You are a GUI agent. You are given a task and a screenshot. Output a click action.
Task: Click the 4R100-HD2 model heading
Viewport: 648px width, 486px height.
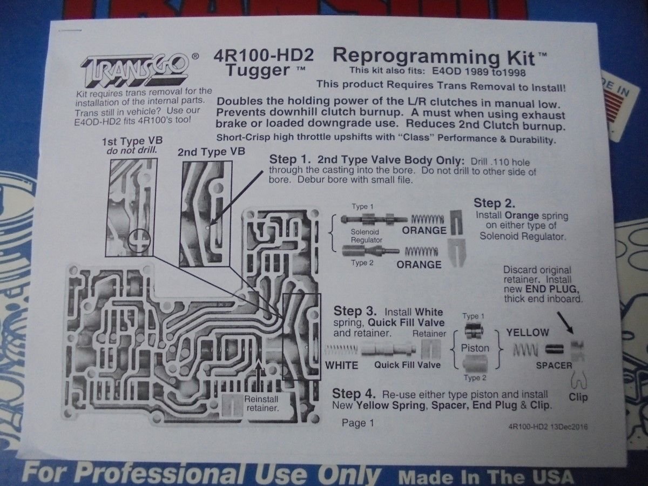point(264,56)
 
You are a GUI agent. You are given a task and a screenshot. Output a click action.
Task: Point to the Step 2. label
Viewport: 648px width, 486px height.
point(494,204)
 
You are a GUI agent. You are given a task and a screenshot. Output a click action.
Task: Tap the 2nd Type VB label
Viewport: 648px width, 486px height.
point(211,152)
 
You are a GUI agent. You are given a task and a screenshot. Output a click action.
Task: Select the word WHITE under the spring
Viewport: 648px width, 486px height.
point(341,366)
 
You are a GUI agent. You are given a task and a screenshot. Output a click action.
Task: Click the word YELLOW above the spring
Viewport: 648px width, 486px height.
point(527,333)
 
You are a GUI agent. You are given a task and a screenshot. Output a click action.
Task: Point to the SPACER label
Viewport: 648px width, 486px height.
point(553,366)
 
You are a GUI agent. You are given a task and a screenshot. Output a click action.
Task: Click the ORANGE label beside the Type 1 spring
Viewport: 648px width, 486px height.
point(423,231)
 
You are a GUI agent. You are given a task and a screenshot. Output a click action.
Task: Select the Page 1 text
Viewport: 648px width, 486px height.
point(357,423)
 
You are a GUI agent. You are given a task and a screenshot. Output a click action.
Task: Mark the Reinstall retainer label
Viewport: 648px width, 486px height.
point(261,404)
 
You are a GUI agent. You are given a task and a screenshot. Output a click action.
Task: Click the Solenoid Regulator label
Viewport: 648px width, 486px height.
point(367,235)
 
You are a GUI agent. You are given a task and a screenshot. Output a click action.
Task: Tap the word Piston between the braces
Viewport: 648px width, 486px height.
point(475,348)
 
